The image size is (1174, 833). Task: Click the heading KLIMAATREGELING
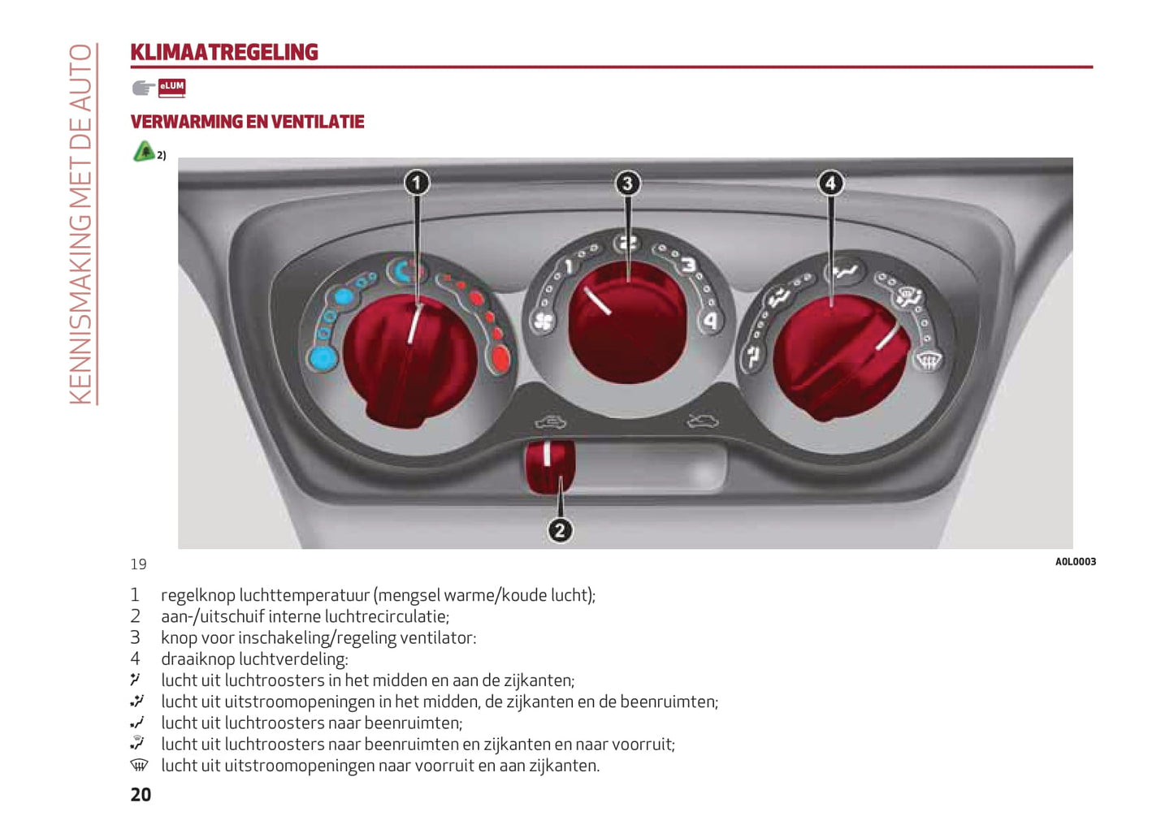[x=224, y=53]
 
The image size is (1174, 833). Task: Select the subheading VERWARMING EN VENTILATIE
[x=247, y=123]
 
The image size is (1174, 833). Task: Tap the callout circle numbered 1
[x=417, y=183]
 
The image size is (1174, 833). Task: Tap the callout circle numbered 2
[x=560, y=531]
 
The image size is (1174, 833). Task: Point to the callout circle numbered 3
[x=627, y=183]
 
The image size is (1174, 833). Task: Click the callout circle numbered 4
[x=830, y=183]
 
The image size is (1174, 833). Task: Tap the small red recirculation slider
[x=549, y=466]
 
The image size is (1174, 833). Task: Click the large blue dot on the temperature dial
[x=323, y=358]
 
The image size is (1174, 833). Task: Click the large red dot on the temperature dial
[x=500, y=358]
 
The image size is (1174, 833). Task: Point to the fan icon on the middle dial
[x=543, y=323]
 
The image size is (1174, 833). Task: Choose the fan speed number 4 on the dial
[x=711, y=322]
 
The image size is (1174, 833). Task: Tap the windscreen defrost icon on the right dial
[x=929, y=359]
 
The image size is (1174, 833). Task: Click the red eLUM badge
[x=171, y=87]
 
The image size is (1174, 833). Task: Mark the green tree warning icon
[x=144, y=151]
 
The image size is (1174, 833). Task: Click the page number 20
[x=141, y=795]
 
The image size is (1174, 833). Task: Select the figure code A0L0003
[x=1075, y=562]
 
